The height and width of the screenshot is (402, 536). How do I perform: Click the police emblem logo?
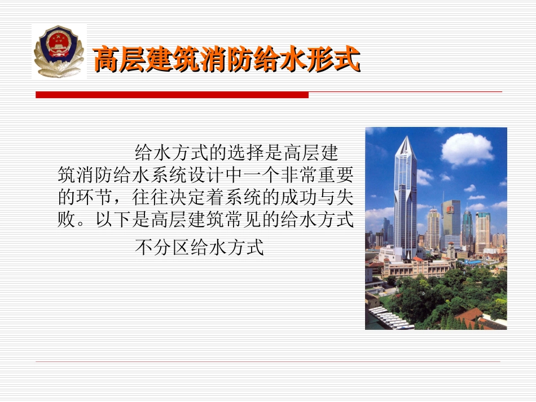(x=59, y=51)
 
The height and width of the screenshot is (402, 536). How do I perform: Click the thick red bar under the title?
(x=172, y=95)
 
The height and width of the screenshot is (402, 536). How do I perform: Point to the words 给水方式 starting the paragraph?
(x=171, y=153)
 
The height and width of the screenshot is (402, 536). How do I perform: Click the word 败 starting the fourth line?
(x=66, y=220)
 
